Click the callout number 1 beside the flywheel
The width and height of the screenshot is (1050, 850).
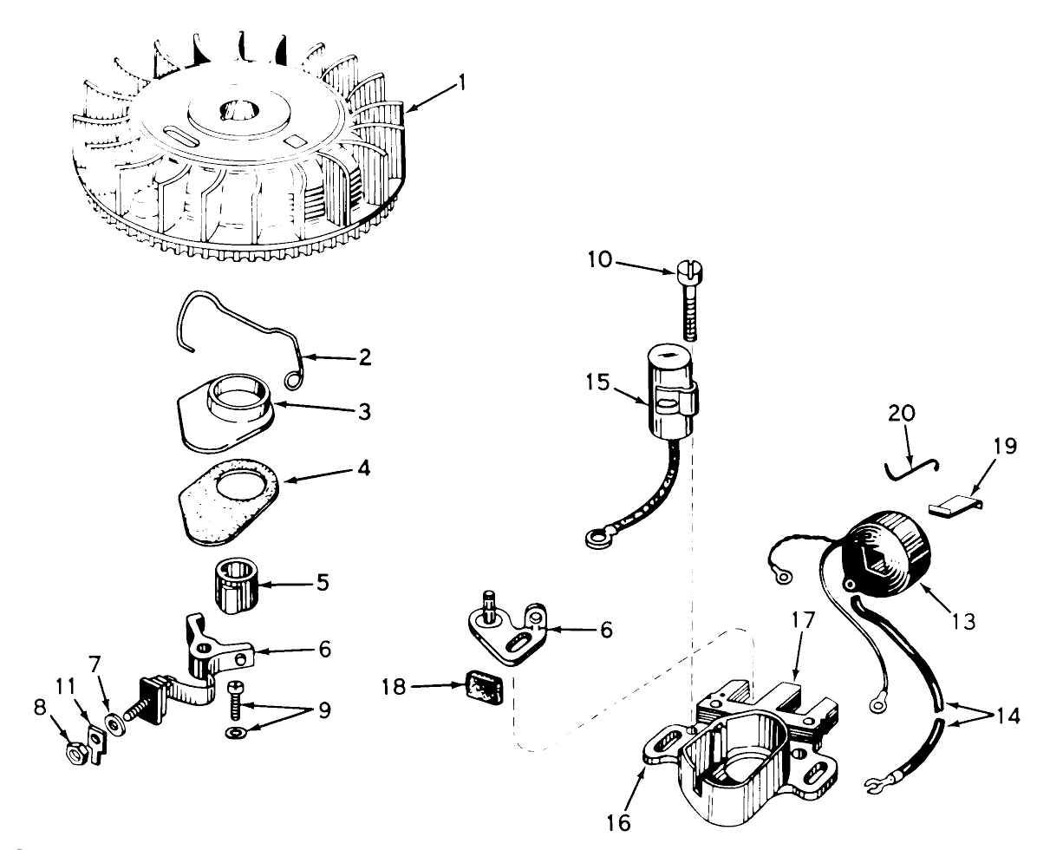point(461,82)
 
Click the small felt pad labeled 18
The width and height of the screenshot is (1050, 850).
point(484,687)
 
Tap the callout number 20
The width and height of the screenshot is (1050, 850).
point(901,414)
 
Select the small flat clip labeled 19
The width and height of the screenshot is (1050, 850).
point(954,507)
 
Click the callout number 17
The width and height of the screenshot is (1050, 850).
point(803,621)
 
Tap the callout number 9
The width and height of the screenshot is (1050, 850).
point(324,710)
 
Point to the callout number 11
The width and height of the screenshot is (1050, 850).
point(65,686)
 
